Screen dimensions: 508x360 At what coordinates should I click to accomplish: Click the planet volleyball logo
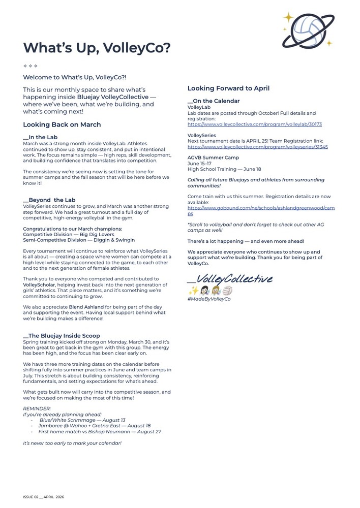click(x=308, y=30)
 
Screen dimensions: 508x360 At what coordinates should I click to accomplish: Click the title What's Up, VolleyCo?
click(x=97, y=48)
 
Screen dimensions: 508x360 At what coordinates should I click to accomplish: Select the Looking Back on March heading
click(x=62, y=124)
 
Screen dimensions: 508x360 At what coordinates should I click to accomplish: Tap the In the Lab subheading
click(x=40, y=137)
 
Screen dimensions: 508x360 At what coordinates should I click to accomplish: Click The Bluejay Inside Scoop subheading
click(x=61, y=336)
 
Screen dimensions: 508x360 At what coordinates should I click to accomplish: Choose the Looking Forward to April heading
click(x=228, y=88)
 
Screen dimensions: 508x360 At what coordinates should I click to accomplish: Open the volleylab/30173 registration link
click(x=254, y=124)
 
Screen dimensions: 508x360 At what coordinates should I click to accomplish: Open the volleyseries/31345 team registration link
click(x=257, y=147)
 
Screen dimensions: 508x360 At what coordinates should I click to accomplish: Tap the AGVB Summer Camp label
click(x=213, y=158)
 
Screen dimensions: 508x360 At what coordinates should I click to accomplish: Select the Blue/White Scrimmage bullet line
click(x=82, y=420)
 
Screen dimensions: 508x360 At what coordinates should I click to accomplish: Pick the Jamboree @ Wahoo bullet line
click(x=94, y=426)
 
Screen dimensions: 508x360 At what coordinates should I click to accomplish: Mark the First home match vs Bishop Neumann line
click(x=100, y=432)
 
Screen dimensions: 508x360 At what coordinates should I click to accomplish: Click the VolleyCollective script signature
click(x=230, y=279)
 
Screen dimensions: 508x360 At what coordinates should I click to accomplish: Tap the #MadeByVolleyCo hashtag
click(x=208, y=299)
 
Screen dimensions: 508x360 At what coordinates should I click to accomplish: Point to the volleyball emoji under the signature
click(x=227, y=291)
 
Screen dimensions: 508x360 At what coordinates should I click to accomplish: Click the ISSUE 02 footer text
click(x=43, y=497)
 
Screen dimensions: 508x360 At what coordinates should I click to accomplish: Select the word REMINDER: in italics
click(x=37, y=408)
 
